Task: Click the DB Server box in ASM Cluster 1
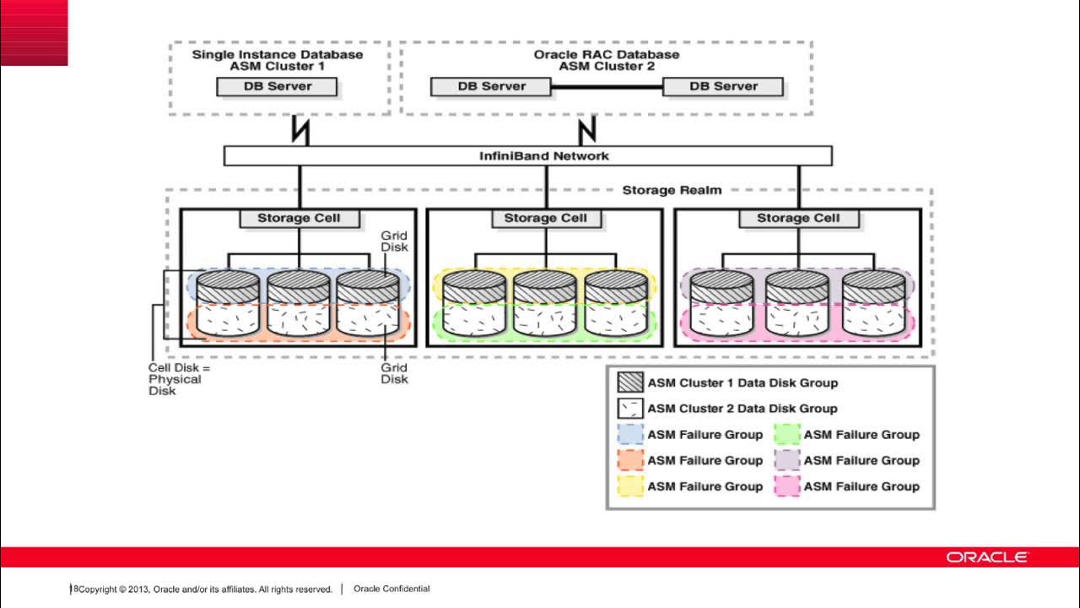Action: pos(278,86)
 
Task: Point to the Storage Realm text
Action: pos(672,190)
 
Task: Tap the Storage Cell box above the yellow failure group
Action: pos(545,218)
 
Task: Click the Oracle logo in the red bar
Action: pos(986,557)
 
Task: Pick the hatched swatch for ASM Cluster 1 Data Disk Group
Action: pos(630,383)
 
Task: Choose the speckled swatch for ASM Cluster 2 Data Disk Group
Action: pos(630,409)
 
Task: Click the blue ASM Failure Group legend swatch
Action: pos(630,435)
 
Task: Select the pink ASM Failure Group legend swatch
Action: pos(786,486)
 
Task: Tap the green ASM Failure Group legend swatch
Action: pos(786,435)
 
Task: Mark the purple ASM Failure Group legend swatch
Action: pos(786,461)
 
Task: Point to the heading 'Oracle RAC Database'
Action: pos(607,55)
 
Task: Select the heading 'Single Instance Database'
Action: pos(278,55)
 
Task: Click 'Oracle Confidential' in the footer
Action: pos(391,589)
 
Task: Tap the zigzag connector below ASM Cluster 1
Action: pos(300,131)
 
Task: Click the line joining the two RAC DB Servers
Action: pos(607,86)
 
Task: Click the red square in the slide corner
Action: pos(34,33)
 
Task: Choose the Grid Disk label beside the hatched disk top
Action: pos(394,241)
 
